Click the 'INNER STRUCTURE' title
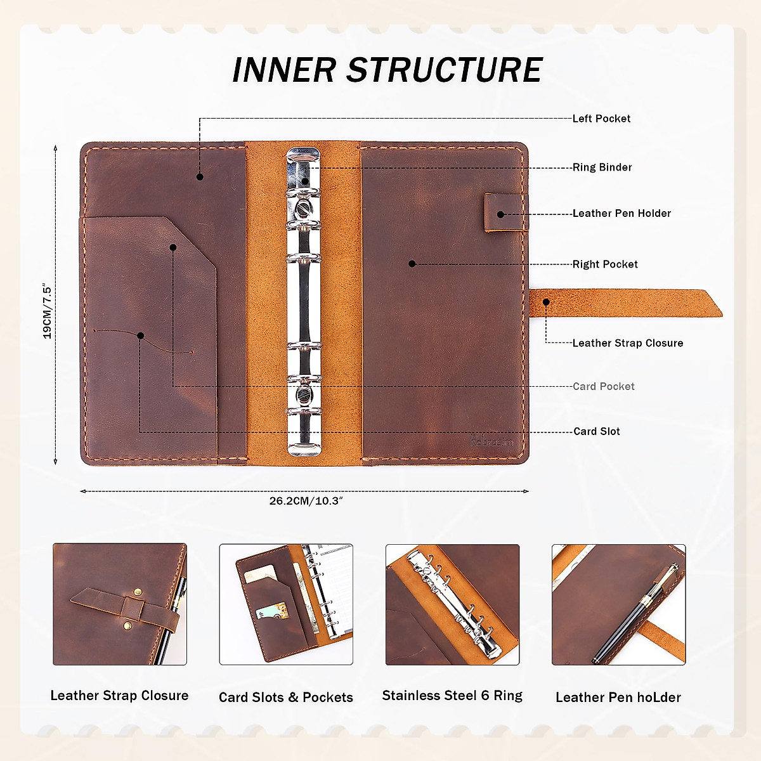tap(387, 70)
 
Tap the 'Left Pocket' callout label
tap(601, 119)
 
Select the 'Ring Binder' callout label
tap(602, 167)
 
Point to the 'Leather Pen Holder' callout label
tap(621, 214)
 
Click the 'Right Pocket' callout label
tap(605, 264)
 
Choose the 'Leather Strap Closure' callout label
tap(627, 343)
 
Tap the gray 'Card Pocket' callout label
tap(603, 386)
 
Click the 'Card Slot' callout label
tap(596, 431)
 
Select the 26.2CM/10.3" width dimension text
tap(306, 501)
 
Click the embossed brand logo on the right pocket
tap(492, 441)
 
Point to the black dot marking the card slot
tap(140, 335)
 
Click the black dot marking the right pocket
tap(412, 264)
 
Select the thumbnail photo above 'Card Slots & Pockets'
tap(286, 604)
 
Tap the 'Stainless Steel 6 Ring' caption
tap(452, 696)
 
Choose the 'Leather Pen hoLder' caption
tap(618, 698)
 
